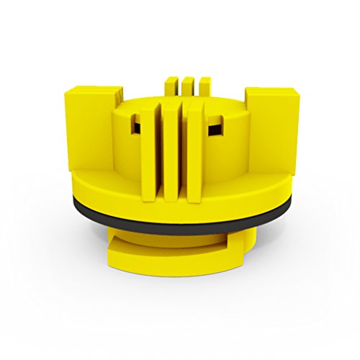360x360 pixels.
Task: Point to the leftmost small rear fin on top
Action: coord(170,84)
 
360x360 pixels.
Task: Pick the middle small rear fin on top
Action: coord(187,84)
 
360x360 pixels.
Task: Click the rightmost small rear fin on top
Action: coord(204,84)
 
